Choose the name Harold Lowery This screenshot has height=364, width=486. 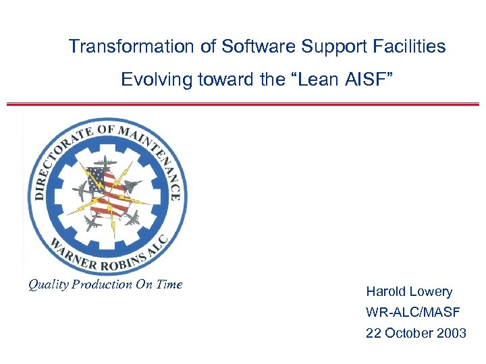[409, 292]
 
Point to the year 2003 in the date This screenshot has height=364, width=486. [451, 334]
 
